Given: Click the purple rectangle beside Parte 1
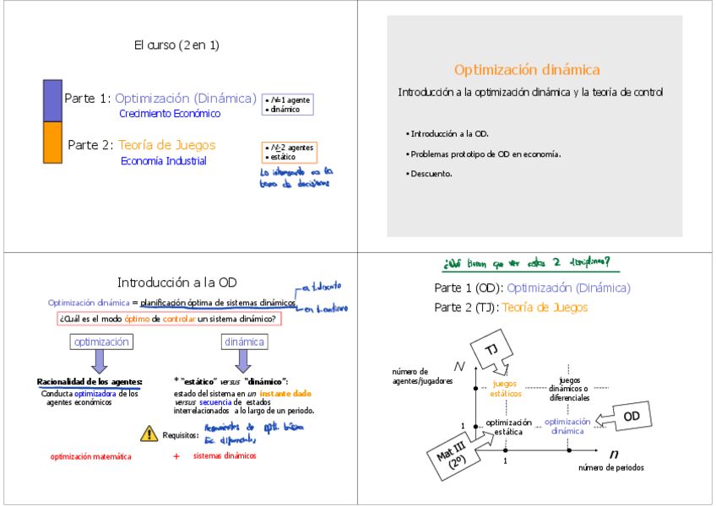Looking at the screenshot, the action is point(52,100).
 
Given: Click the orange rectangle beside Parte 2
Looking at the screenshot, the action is point(52,142).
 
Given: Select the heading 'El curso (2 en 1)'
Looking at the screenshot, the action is point(176,45).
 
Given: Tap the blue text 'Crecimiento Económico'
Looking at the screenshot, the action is point(169,113).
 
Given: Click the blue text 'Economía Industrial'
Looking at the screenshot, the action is point(163,160).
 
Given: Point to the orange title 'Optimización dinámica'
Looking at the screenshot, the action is point(527,70).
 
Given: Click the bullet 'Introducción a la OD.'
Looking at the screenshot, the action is point(447,133).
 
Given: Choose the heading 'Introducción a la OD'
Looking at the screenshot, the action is point(176,283).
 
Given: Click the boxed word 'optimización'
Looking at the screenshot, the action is point(101,342).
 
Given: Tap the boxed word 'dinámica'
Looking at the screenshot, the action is point(244,342).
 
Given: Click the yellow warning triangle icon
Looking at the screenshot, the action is point(149,433).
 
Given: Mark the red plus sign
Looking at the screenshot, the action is point(176,456).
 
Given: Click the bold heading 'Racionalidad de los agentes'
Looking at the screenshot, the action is point(89,381).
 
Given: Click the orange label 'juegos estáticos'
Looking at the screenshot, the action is point(506,389).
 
